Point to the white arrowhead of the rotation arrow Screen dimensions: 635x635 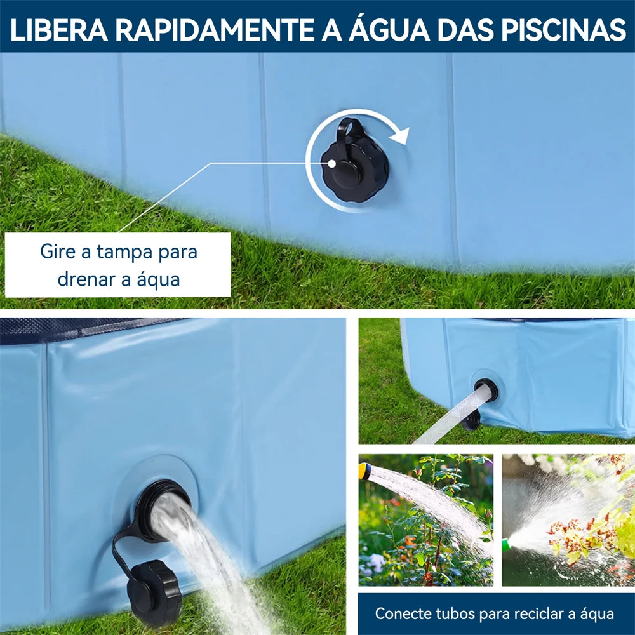399,135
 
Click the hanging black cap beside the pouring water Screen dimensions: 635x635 153,592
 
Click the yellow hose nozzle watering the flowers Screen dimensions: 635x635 364,471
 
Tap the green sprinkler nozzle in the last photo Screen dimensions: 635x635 507,545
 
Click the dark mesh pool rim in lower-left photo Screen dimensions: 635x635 76,328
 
